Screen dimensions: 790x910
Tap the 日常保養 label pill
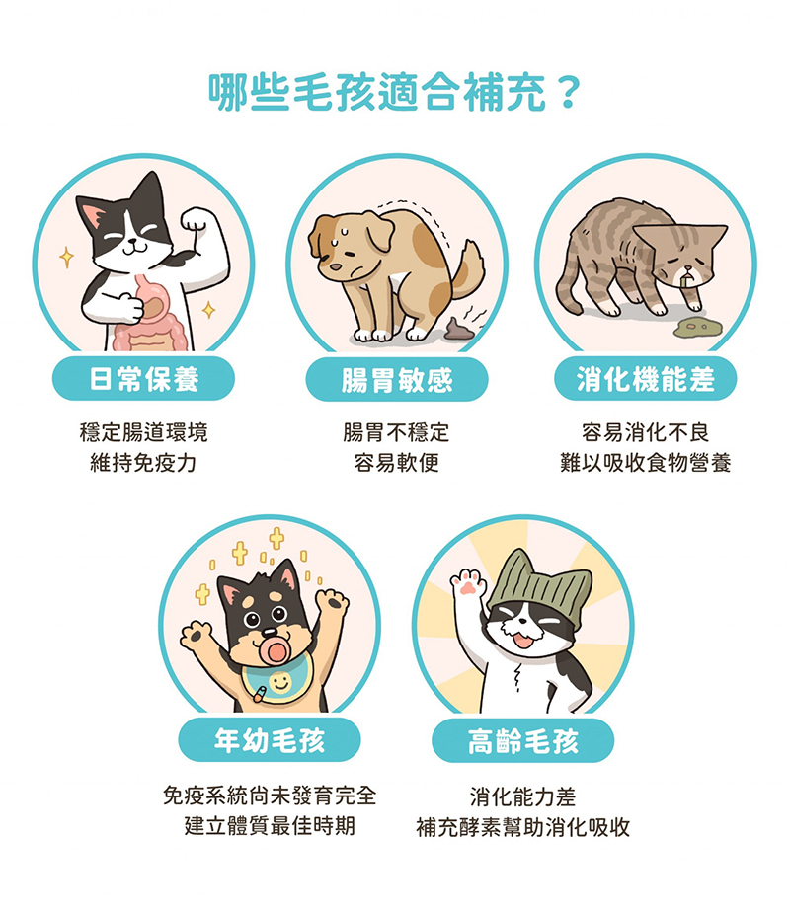[x=143, y=379]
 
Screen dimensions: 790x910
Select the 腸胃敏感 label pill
[x=396, y=380]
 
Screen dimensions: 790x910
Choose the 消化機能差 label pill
[x=645, y=379]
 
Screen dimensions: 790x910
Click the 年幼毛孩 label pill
[x=270, y=740]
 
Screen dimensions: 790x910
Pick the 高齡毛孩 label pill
[x=522, y=740]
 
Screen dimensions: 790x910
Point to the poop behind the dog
[x=457, y=330]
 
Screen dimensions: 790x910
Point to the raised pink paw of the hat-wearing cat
[x=468, y=582]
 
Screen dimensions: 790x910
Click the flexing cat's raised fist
[x=197, y=220]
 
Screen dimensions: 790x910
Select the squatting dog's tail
[x=468, y=269]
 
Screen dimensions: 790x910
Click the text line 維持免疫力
[x=143, y=463]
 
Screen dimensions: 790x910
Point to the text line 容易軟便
[x=396, y=463]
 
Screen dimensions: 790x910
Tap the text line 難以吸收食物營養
[x=645, y=463]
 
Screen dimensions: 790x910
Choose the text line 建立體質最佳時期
[x=270, y=825]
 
